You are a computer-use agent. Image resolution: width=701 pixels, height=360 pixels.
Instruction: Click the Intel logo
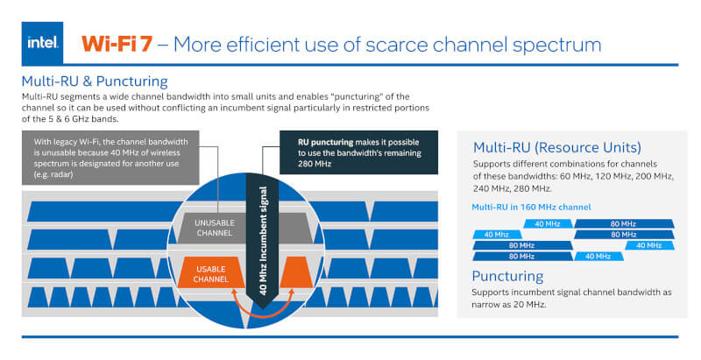(43, 43)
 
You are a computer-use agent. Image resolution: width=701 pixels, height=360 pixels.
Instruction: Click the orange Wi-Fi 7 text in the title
(117, 44)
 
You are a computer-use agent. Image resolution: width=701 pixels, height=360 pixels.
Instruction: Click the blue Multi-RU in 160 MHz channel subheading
(531, 207)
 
